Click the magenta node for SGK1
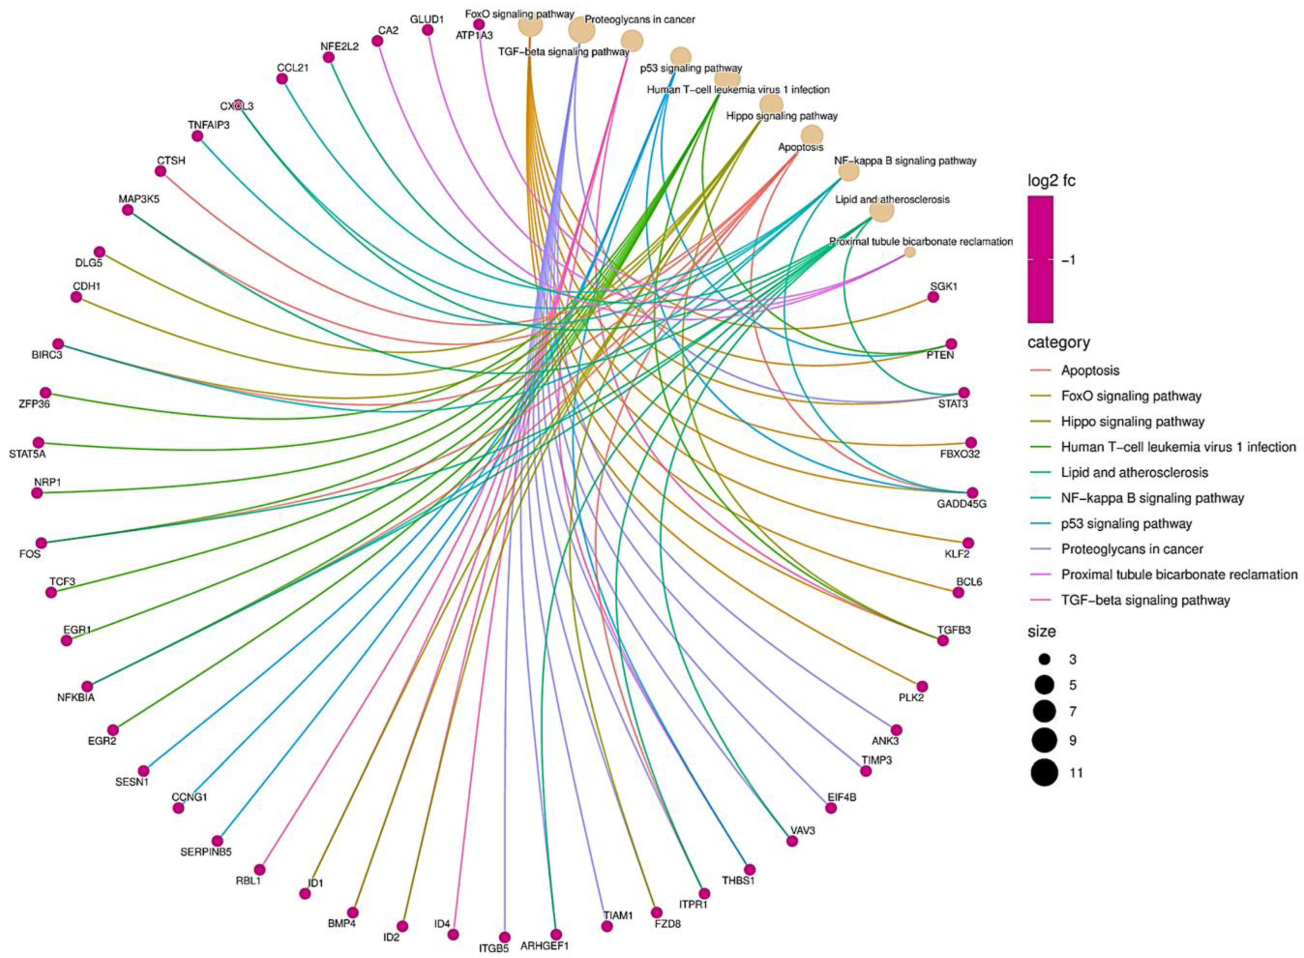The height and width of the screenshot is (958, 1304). [x=933, y=297]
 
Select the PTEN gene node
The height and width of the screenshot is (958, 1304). [x=951, y=344]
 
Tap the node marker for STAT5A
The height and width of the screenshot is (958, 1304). [x=38, y=442]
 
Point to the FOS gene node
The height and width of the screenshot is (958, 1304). [x=40, y=543]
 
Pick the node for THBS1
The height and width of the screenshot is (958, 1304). [x=750, y=869]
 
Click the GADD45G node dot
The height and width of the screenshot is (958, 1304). [x=972, y=493]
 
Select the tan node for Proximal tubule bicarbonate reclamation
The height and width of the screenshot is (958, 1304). [x=910, y=252]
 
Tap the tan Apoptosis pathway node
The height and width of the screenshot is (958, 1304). [x=812, y=134]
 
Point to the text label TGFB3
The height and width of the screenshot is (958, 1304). [x=954, y=630]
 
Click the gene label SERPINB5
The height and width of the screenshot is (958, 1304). [x=206, y=852]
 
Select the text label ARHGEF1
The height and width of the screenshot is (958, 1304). [x=545, y=946]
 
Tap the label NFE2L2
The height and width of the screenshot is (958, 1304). [x=340, y=47]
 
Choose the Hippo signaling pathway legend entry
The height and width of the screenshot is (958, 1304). [x=1133, y=422]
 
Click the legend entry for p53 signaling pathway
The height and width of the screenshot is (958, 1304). [x=1126, y=524]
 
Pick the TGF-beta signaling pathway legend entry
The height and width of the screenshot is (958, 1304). [x=1145, y=600]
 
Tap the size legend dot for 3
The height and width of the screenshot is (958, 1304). [x=1045, y=659]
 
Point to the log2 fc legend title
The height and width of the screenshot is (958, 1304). [x=1051, y=181]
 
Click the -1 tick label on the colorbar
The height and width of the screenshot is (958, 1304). [x=1068, y=260]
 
